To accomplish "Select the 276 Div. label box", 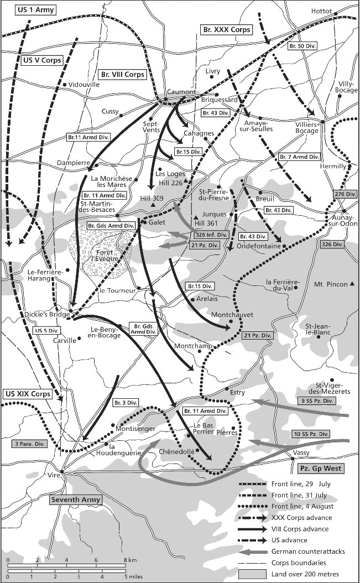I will (343, 194).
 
